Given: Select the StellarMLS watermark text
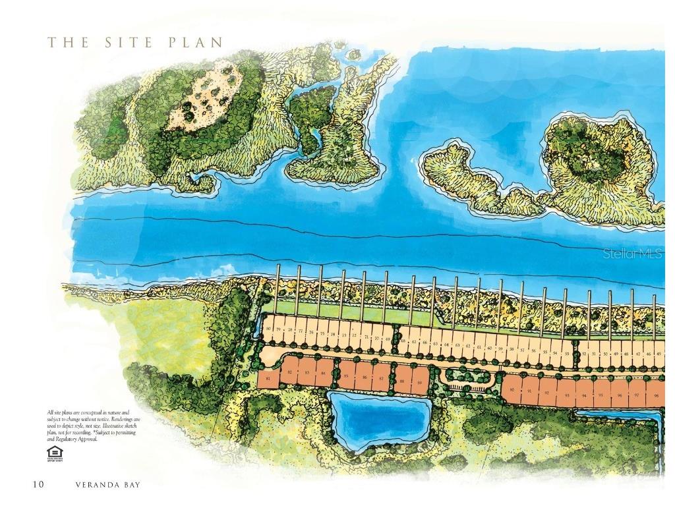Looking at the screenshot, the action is tap(633, 253).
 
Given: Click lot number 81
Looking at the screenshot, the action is tap(268, 379).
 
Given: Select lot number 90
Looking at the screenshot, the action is tap(512, 390).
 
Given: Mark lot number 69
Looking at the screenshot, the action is tap(388, 339).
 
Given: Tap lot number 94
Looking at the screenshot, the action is tap(584, 395).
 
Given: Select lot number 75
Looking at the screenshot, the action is tap(322, 333).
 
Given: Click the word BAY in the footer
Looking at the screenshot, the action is tap(131, 485).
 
